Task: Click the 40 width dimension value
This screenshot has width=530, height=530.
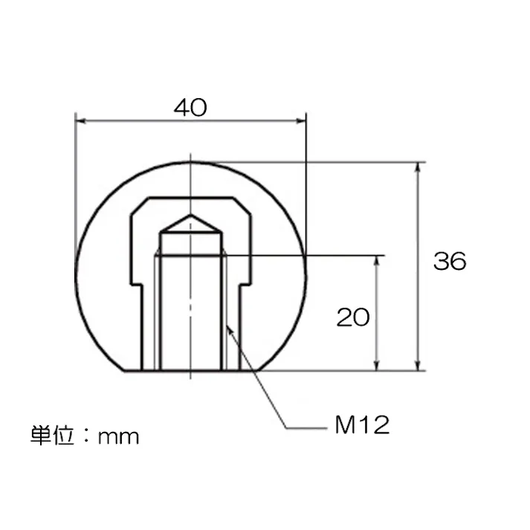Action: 190,108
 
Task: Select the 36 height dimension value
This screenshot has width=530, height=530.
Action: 450,262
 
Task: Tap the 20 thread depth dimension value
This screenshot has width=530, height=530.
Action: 353,317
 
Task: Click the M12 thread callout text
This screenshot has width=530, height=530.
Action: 362,426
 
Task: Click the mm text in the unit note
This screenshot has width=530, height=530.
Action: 118,436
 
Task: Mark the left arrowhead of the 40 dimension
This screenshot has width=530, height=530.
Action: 81,120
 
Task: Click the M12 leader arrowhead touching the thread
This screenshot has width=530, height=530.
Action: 228,326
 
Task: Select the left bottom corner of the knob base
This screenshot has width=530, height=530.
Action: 123,369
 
